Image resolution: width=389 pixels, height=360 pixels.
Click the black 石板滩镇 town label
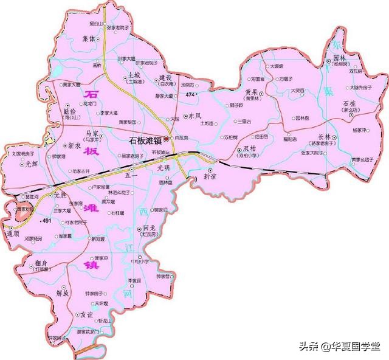pos(145,140)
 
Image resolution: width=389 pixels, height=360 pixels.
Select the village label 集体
pos(89,38)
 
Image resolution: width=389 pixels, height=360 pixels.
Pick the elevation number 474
pos(191,95)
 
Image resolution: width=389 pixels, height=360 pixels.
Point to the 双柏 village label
pos(251,148)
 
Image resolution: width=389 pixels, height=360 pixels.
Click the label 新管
pos(210,176)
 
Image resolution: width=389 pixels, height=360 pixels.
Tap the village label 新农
pos(75,146)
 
